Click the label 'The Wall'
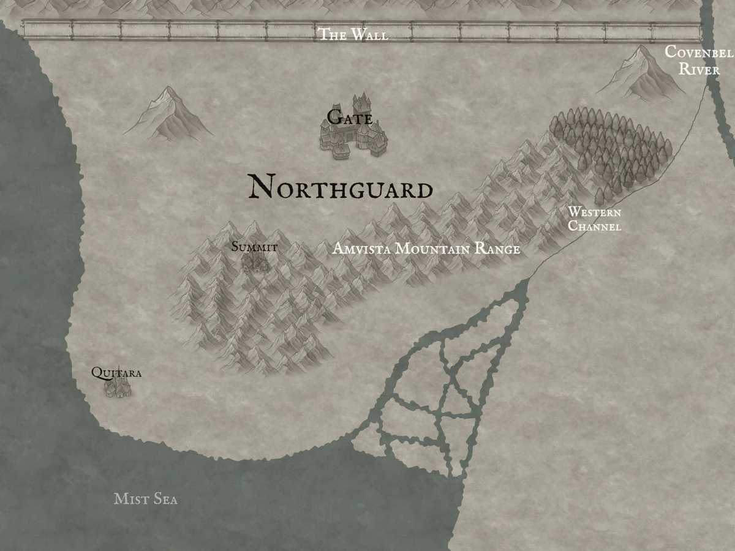click(352, 34)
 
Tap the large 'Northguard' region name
click(340, 187)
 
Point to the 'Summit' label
click(254, 247)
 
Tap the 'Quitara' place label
click(116, 372)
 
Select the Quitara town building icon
click(118, 388)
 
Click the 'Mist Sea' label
click(146, 499)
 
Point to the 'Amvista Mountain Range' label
click(426, 249)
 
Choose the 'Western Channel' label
click(594, 219)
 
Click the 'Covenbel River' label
click(698, 60)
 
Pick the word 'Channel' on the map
click(594, 227)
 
